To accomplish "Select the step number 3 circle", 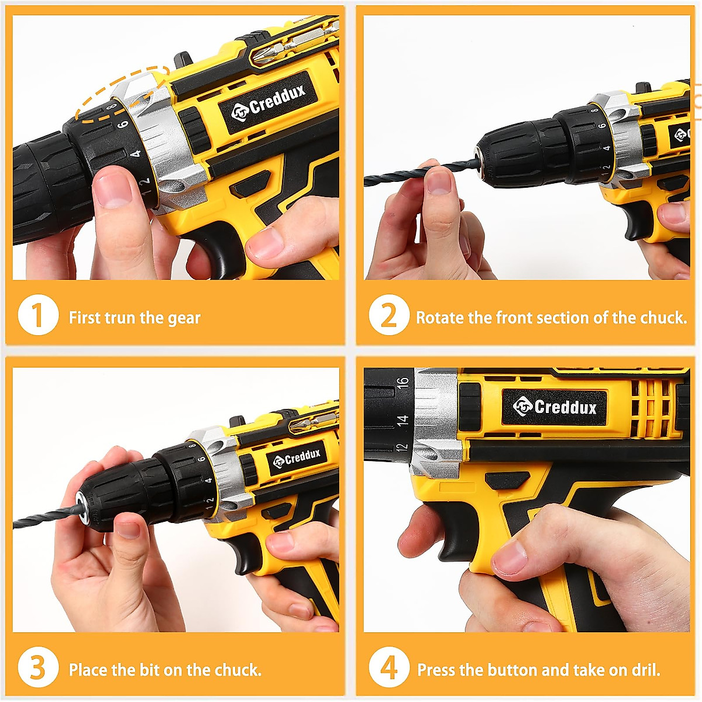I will click(x=38, y=668).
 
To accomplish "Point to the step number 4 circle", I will click(x=388, y=668).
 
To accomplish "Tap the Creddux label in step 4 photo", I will click(x=555, y=407).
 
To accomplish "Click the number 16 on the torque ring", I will click(x=402, y=383).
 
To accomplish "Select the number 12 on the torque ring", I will click(x=402, y=447).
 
